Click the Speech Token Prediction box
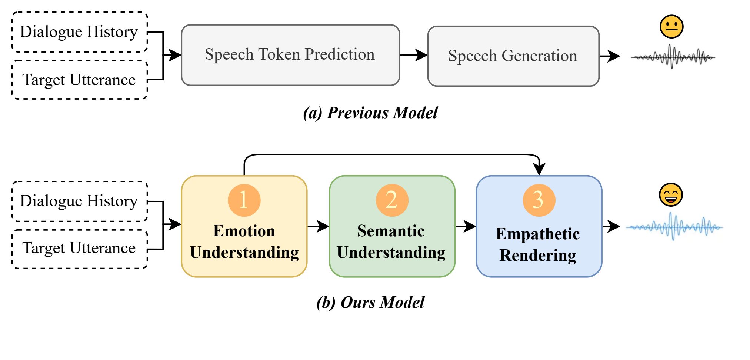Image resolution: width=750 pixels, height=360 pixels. point(290,55)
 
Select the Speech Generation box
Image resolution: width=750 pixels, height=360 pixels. point(513,56)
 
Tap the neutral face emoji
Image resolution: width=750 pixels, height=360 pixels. point(671,27)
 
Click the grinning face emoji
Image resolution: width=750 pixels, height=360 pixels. point(671,195)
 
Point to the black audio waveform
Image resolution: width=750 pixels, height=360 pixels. point(673,57)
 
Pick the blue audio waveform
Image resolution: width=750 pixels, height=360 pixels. point(674,226)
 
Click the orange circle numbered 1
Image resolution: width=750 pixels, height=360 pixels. point(244,200)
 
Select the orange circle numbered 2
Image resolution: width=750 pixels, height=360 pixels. point(392,200)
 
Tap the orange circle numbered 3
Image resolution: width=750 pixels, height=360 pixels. point(539,200)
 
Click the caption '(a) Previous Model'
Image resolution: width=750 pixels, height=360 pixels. point(370,113)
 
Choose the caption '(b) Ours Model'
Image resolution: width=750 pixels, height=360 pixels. point(370,302)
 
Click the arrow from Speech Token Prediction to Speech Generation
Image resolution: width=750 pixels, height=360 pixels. point(414,55)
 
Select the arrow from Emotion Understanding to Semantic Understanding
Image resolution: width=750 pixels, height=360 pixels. point(318,226)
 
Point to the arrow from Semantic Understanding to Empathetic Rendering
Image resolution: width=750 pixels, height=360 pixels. point(466,226)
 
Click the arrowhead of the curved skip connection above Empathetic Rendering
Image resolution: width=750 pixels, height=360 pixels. point(539,170)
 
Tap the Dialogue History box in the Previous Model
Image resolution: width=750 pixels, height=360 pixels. point(80,32)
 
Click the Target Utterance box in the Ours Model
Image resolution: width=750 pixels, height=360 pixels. point(80,249)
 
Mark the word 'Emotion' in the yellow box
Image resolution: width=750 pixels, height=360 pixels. point(244,231)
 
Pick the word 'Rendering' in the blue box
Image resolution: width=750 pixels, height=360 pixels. point(538,256)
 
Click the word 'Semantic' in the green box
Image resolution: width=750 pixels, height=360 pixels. point(391,231)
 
